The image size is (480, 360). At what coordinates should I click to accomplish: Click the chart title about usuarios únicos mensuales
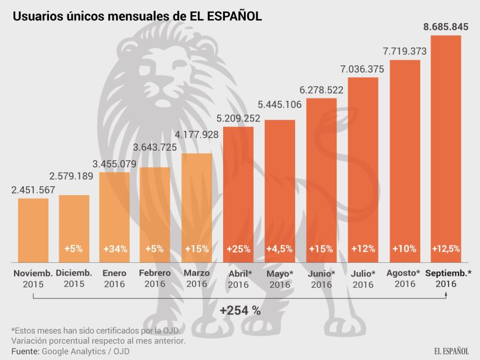[x=137, y=17]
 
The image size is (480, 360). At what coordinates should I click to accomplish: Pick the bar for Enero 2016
[x=115, y=217]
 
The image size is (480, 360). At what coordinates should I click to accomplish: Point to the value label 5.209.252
[x=238, y=118]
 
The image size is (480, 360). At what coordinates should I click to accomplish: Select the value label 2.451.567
[x=33, y=190]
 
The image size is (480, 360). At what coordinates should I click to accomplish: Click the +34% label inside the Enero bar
[x=115, y=248]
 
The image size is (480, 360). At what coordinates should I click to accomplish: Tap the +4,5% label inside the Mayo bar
[x=280, y=248]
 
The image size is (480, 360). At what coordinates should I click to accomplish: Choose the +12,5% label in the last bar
[x=446, y=248]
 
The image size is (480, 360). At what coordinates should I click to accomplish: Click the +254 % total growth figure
[x=240, y=310]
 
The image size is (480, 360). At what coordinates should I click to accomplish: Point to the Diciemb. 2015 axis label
[x=74, y=278]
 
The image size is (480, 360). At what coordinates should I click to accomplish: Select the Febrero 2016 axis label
[x=155, y=278]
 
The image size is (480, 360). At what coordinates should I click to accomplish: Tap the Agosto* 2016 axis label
[x=404, y=278]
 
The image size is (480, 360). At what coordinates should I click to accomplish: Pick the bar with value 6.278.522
[x=321, y=180]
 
